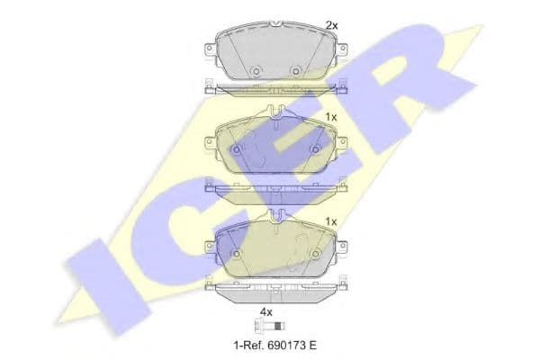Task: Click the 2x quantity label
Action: [x=332, y=25]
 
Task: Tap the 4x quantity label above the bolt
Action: [x=265, y=312]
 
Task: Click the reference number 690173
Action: [x=284, y=345]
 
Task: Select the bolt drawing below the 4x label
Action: [x=270, y=326]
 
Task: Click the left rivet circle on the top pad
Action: [x=256, y=71]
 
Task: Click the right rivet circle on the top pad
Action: [x=295, y=71]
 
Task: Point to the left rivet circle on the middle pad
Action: [x=236, y=149]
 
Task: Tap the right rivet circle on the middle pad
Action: [x=315, y=149]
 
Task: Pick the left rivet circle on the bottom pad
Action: [x=236, y=254]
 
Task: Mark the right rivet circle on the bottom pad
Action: [x=315, y=254]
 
